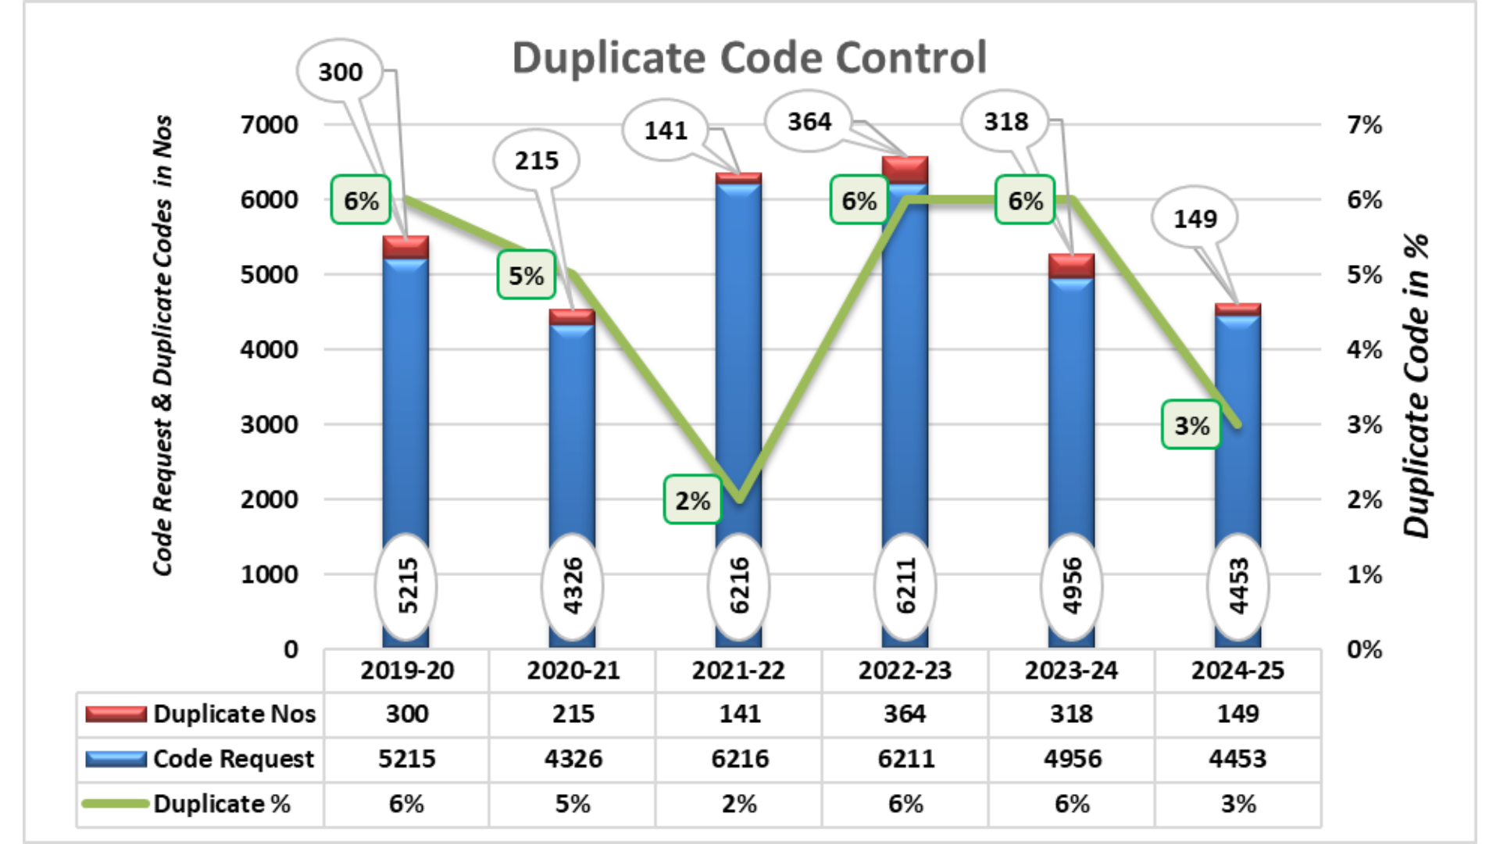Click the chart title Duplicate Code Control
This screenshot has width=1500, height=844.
click(749, 58)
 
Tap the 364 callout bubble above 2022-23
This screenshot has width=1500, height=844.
click(809, 122)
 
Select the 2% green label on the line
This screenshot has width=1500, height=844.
click(692, 500)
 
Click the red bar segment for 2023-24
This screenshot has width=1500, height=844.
click(1071, 266)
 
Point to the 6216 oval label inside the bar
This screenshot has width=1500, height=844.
click(738, 586)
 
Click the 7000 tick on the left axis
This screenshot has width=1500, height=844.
click(269, 125)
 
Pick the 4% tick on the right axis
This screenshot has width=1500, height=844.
click(1364, 349)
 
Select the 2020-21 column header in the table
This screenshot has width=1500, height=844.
click(573, 671)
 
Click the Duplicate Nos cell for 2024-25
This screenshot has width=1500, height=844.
click(1237, 713)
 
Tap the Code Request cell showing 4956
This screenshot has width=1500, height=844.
click(1072, 759)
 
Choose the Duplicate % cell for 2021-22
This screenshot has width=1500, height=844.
click(739, 804)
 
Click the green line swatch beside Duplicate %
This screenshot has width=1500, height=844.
click(116, 803)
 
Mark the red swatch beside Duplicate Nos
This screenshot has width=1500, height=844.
click(116, 713)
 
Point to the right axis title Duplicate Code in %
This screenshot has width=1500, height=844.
click(1416, 386)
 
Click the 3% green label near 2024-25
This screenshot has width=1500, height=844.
click(1191, 425)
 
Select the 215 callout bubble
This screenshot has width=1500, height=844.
click(537, 161)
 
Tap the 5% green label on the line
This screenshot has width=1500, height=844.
click(526, 275)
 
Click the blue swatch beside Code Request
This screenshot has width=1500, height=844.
click(116, 759)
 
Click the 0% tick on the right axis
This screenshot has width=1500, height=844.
click(1364, 649)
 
